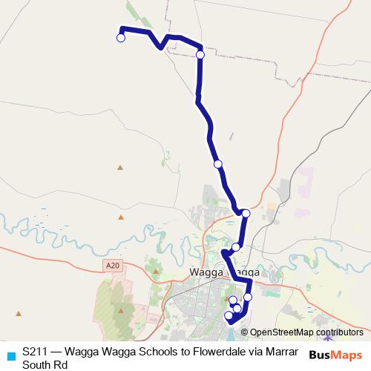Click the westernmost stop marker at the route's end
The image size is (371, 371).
121,38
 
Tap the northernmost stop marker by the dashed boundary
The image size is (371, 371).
200,54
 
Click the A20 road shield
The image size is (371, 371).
111,265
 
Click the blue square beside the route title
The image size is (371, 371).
10,355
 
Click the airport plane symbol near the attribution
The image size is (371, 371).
328,339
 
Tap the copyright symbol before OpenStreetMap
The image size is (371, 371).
245,332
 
